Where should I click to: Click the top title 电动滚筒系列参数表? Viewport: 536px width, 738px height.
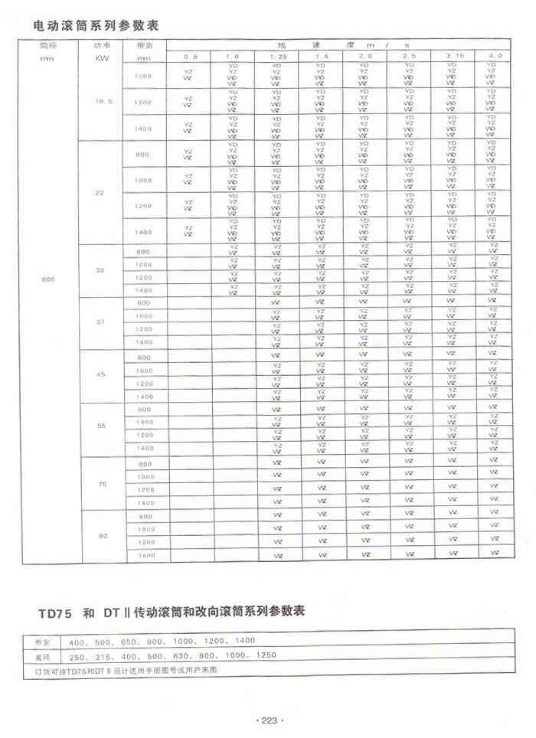96,25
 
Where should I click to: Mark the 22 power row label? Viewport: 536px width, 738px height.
98,192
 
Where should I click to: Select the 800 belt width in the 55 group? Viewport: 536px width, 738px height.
143,410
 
